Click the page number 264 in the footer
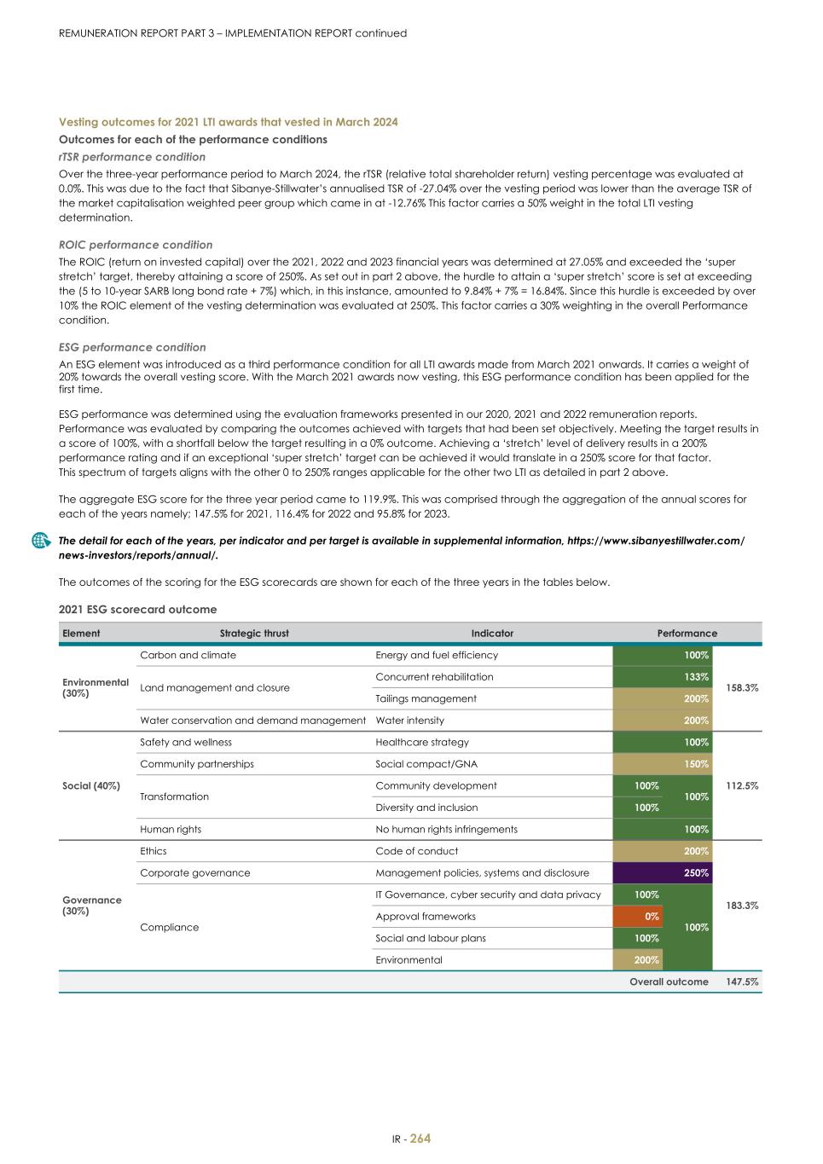[420, 1138]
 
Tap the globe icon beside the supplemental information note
[39, 541]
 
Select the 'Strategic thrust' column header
[254, 633]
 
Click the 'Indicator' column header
[492, 633]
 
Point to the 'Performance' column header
[687, 633]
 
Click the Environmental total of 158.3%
[741, 687]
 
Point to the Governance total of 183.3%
[741, 906]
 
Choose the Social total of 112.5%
[741, 785]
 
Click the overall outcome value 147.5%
[741, 982]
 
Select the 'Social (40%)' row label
[91, 785]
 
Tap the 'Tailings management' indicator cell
[426, 698]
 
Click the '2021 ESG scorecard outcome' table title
[137, 610]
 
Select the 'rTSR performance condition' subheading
[132, 157]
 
